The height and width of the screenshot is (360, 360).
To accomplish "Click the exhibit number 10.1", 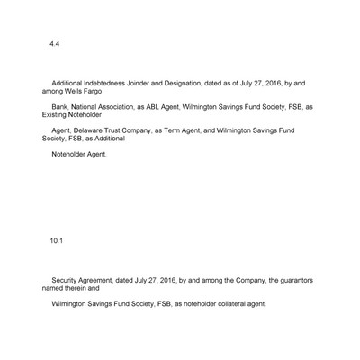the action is click(58, 240).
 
